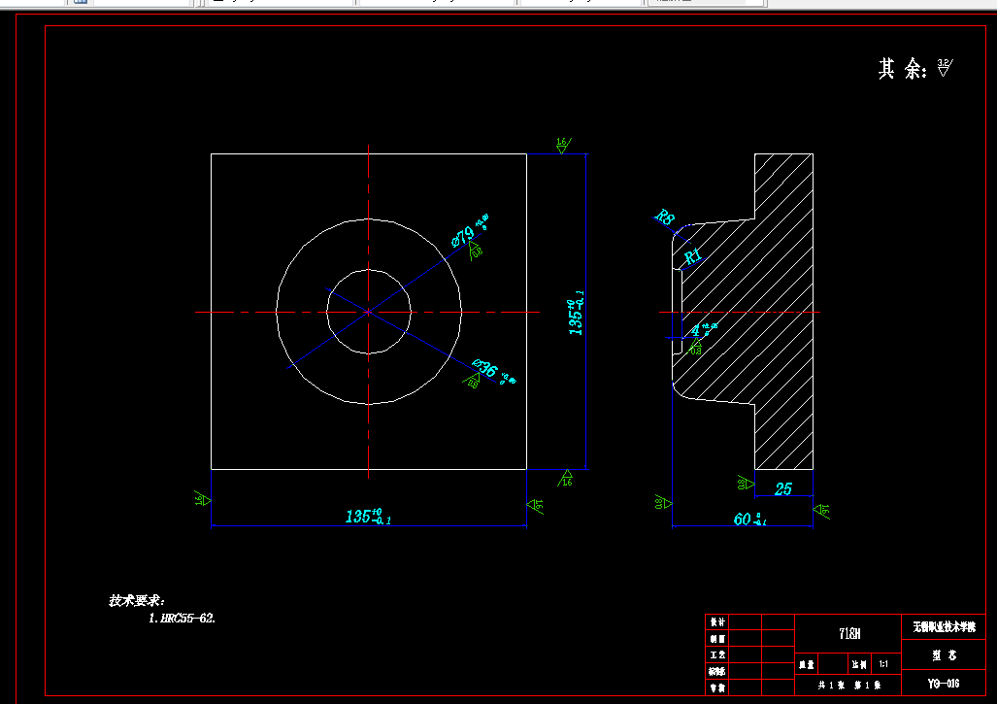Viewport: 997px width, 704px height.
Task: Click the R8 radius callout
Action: (665, 218)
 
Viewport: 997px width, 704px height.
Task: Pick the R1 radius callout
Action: (693, 256)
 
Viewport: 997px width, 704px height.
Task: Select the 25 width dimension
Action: (783, 488)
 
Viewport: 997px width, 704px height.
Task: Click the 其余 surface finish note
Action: (902, 69)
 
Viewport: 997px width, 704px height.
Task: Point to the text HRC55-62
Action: (182, 618)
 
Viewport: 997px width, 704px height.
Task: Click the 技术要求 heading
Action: (136, 601)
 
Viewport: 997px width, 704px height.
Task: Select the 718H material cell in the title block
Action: (848, 634)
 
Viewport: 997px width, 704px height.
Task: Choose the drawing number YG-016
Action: (943, 685)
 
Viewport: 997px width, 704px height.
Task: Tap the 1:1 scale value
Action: (882, 665)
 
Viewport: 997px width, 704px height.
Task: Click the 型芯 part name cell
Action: (943, 655)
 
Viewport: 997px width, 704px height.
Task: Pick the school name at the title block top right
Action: (943, 627)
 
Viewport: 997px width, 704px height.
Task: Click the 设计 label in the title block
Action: (717, 621)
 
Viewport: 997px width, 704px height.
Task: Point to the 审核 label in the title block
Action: (717, 687)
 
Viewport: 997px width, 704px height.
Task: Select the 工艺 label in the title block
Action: (717, 655)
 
